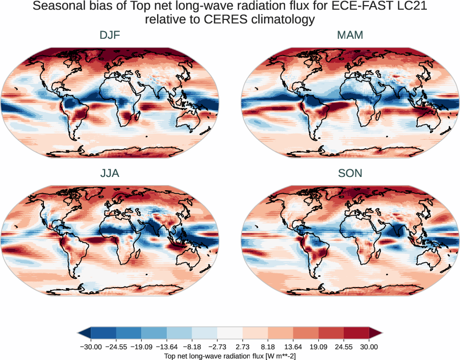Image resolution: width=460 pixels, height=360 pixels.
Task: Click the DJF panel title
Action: tap(110, 36)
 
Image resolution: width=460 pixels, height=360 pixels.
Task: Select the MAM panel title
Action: tap(350, 36)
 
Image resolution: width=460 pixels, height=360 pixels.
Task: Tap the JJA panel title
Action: tap(110, 173)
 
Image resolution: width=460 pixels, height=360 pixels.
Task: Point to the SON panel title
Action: tap(350, 173)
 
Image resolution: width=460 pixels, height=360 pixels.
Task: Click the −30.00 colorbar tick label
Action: tap(91, 347)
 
